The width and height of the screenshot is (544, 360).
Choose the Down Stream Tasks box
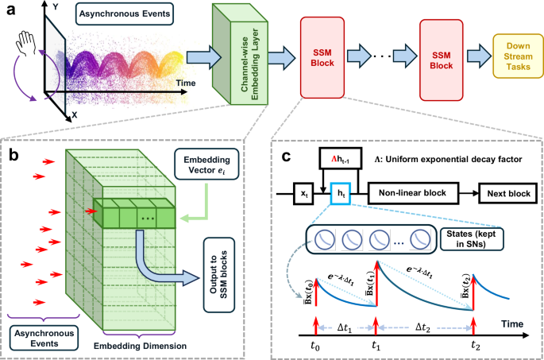point(517,53)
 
